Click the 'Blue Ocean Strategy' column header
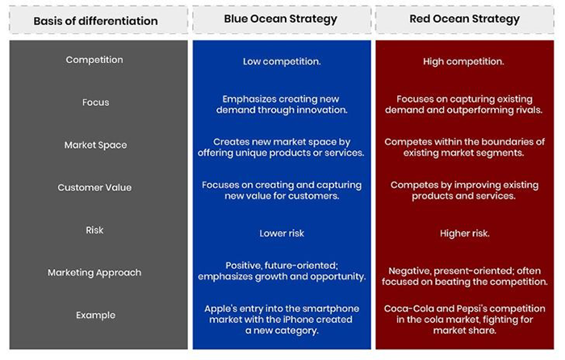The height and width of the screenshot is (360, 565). coord(280,19)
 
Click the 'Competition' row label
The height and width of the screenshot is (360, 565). coord(94,60)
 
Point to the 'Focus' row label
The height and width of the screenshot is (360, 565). coord(95,103)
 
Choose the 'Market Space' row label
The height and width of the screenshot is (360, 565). coord(94,145)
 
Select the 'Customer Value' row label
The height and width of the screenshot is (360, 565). coord(94,187)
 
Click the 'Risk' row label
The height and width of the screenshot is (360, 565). coord(95,230)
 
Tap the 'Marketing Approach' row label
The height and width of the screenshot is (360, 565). coord(94,272)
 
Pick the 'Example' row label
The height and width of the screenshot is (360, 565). coord(95,315)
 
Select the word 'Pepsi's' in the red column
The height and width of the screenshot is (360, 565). coord(466,308)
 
